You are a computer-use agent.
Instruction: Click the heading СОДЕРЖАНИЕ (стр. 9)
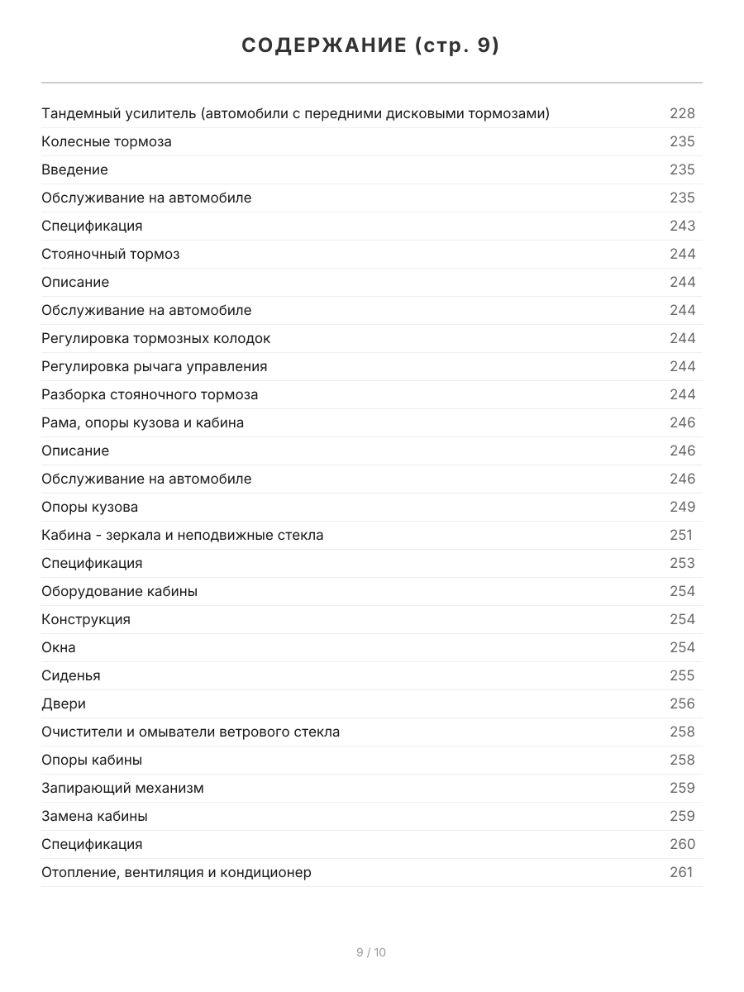pos(371,46)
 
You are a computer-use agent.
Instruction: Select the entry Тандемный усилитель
pos(295,113)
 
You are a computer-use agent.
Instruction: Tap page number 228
pos(682,113)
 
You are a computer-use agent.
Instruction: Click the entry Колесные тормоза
pos(107,141)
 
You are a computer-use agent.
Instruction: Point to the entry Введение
pos(74,169)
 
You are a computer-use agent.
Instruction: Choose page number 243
pos(682,226)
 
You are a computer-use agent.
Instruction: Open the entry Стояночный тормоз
pos(110,254)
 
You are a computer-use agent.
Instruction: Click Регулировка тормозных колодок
pos(155,338)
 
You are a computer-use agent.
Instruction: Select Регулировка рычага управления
pos(154,366)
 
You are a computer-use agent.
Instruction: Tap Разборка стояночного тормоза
pos(150,394)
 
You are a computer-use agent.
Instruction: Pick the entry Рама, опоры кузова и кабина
pos(142,422)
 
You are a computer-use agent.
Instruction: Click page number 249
pos(682,507)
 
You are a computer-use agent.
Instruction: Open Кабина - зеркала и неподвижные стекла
pos(182,535)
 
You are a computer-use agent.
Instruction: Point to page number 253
pos(682,563)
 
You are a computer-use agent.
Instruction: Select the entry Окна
pos(59,647)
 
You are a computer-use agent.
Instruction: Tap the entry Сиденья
pos(71,675)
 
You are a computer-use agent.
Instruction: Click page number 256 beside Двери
pos(682,703)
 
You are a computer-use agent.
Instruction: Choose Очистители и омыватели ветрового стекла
pos(190,732)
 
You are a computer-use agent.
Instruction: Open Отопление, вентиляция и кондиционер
pos(176,872)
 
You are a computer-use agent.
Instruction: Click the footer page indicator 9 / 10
pos(371,952)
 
